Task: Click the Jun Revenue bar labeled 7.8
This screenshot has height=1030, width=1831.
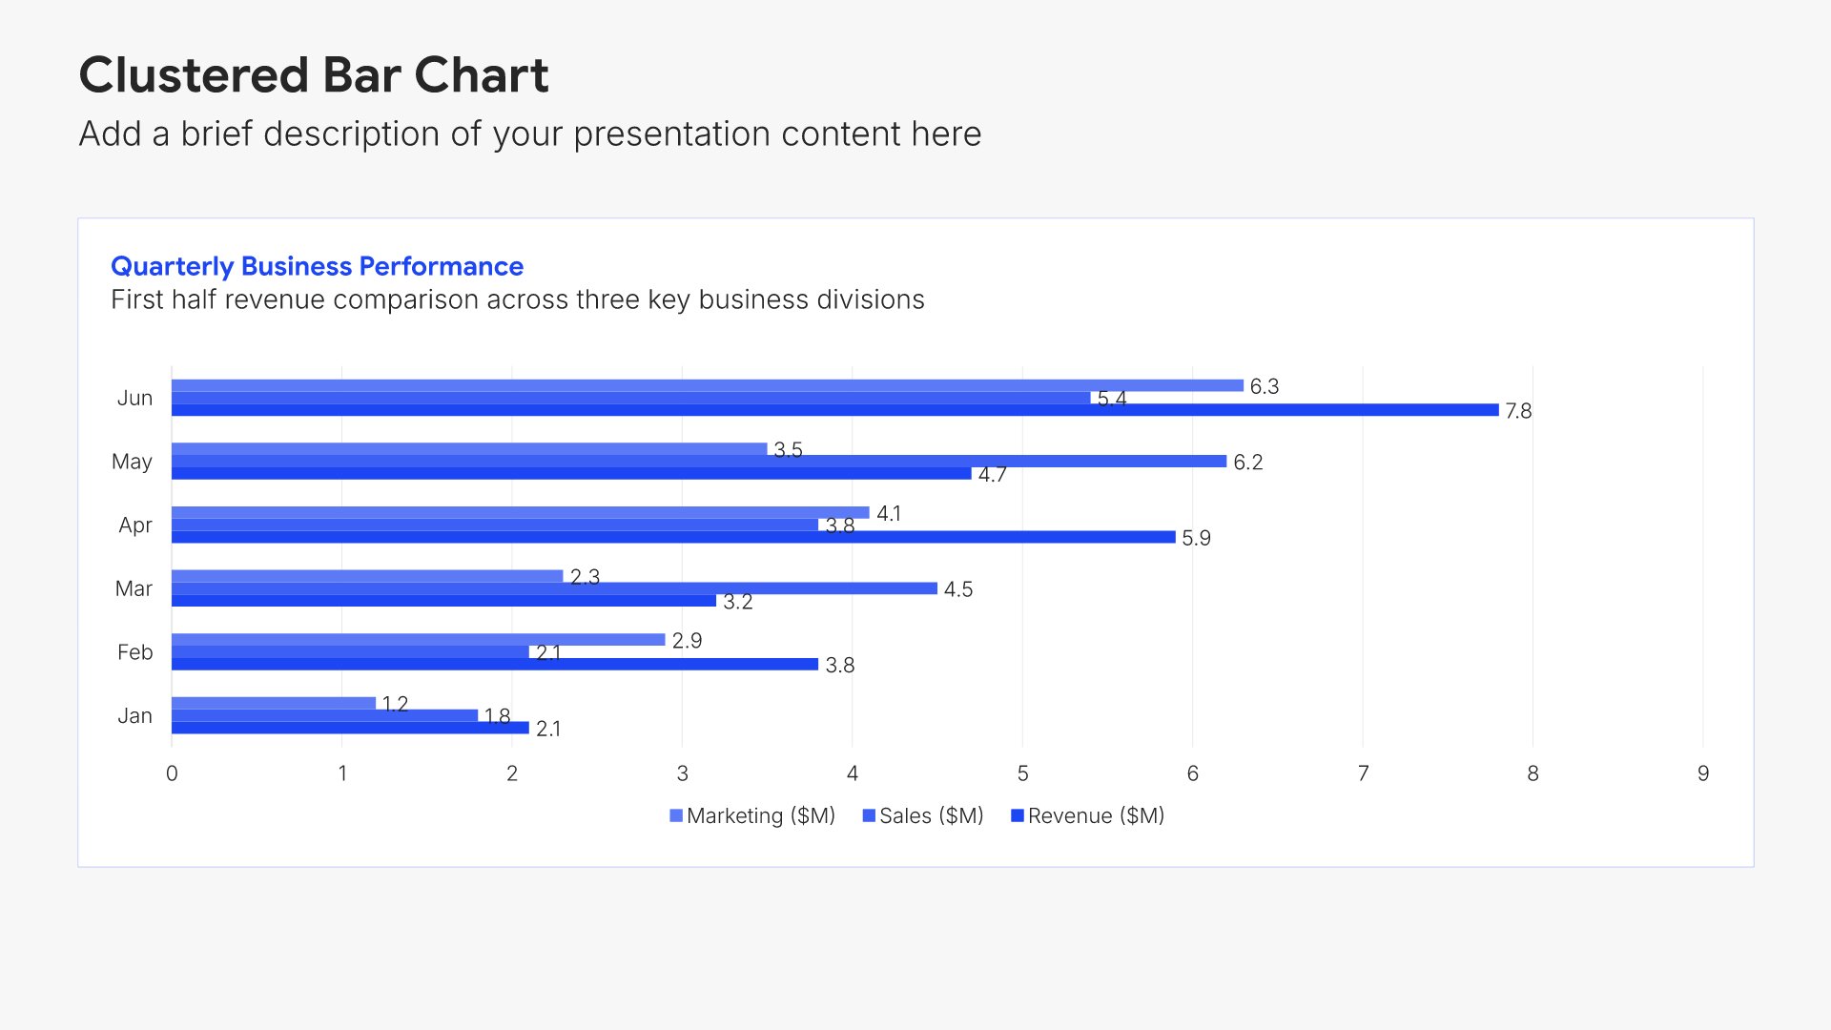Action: click(x=835, y=410)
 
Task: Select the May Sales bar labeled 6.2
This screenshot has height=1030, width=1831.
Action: click(x=699, y=462)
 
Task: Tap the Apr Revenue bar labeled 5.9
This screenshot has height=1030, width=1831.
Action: click(x=673, y=538)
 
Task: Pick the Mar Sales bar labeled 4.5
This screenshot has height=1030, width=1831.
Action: click(x=554, y=588)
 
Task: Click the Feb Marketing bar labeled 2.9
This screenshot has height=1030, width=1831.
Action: click(x=419, y=640)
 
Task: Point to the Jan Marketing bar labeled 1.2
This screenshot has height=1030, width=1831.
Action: click(x=274, y=703)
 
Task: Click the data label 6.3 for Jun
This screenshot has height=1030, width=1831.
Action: click(x=1265, y=386)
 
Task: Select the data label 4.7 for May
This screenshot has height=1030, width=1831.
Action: click(x=992, y=475)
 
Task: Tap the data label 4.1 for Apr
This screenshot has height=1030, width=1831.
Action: click(x=889, y=514)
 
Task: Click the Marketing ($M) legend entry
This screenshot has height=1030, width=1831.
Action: click(x=752, y=816)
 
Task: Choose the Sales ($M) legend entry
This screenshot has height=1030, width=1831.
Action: click(x=923, y=816)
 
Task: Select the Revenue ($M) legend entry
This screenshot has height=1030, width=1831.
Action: click(x=1088, y=816)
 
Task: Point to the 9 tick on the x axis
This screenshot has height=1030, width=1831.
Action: click(x=1703, y=773)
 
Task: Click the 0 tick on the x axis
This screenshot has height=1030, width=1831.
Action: click(x=172, y=773)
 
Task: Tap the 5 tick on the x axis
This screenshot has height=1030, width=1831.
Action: click(x=1022, y=773)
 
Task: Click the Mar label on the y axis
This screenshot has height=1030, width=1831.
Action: click(x=134, y=589)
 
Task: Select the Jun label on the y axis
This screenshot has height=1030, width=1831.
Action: click(x=134, y=399)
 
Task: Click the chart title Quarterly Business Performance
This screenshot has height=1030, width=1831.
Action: click(x=317, y=266)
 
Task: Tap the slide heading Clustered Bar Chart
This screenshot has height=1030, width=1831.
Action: click(x=314, y=75)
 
